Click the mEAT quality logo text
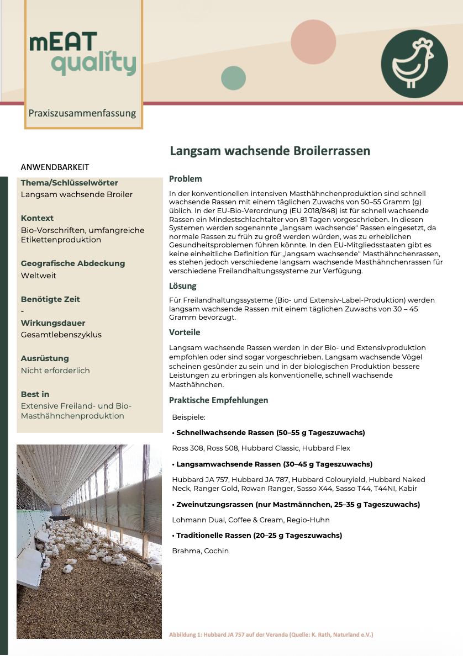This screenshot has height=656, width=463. [82, 54]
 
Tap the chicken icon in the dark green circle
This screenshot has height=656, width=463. [414, 64]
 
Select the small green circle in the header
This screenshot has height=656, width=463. [233, 78]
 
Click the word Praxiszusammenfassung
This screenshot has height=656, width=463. [82, 113]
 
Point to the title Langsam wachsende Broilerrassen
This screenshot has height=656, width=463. [270, 151]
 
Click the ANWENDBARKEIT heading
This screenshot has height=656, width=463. [55, 167]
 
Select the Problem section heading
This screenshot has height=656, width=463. [186, 179]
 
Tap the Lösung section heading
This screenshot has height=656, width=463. [183, 286]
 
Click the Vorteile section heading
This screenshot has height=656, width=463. [185, 332]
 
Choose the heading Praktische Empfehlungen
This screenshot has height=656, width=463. [219, 400]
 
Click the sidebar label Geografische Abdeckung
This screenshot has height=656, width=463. [73, 263]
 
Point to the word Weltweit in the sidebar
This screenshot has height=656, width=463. [39, 276]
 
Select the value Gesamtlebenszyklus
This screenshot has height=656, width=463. [61, 335]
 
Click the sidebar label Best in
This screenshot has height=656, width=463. [35, 394]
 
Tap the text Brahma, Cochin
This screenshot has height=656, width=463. [200, 551]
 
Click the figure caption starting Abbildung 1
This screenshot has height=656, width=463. [271, 635]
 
